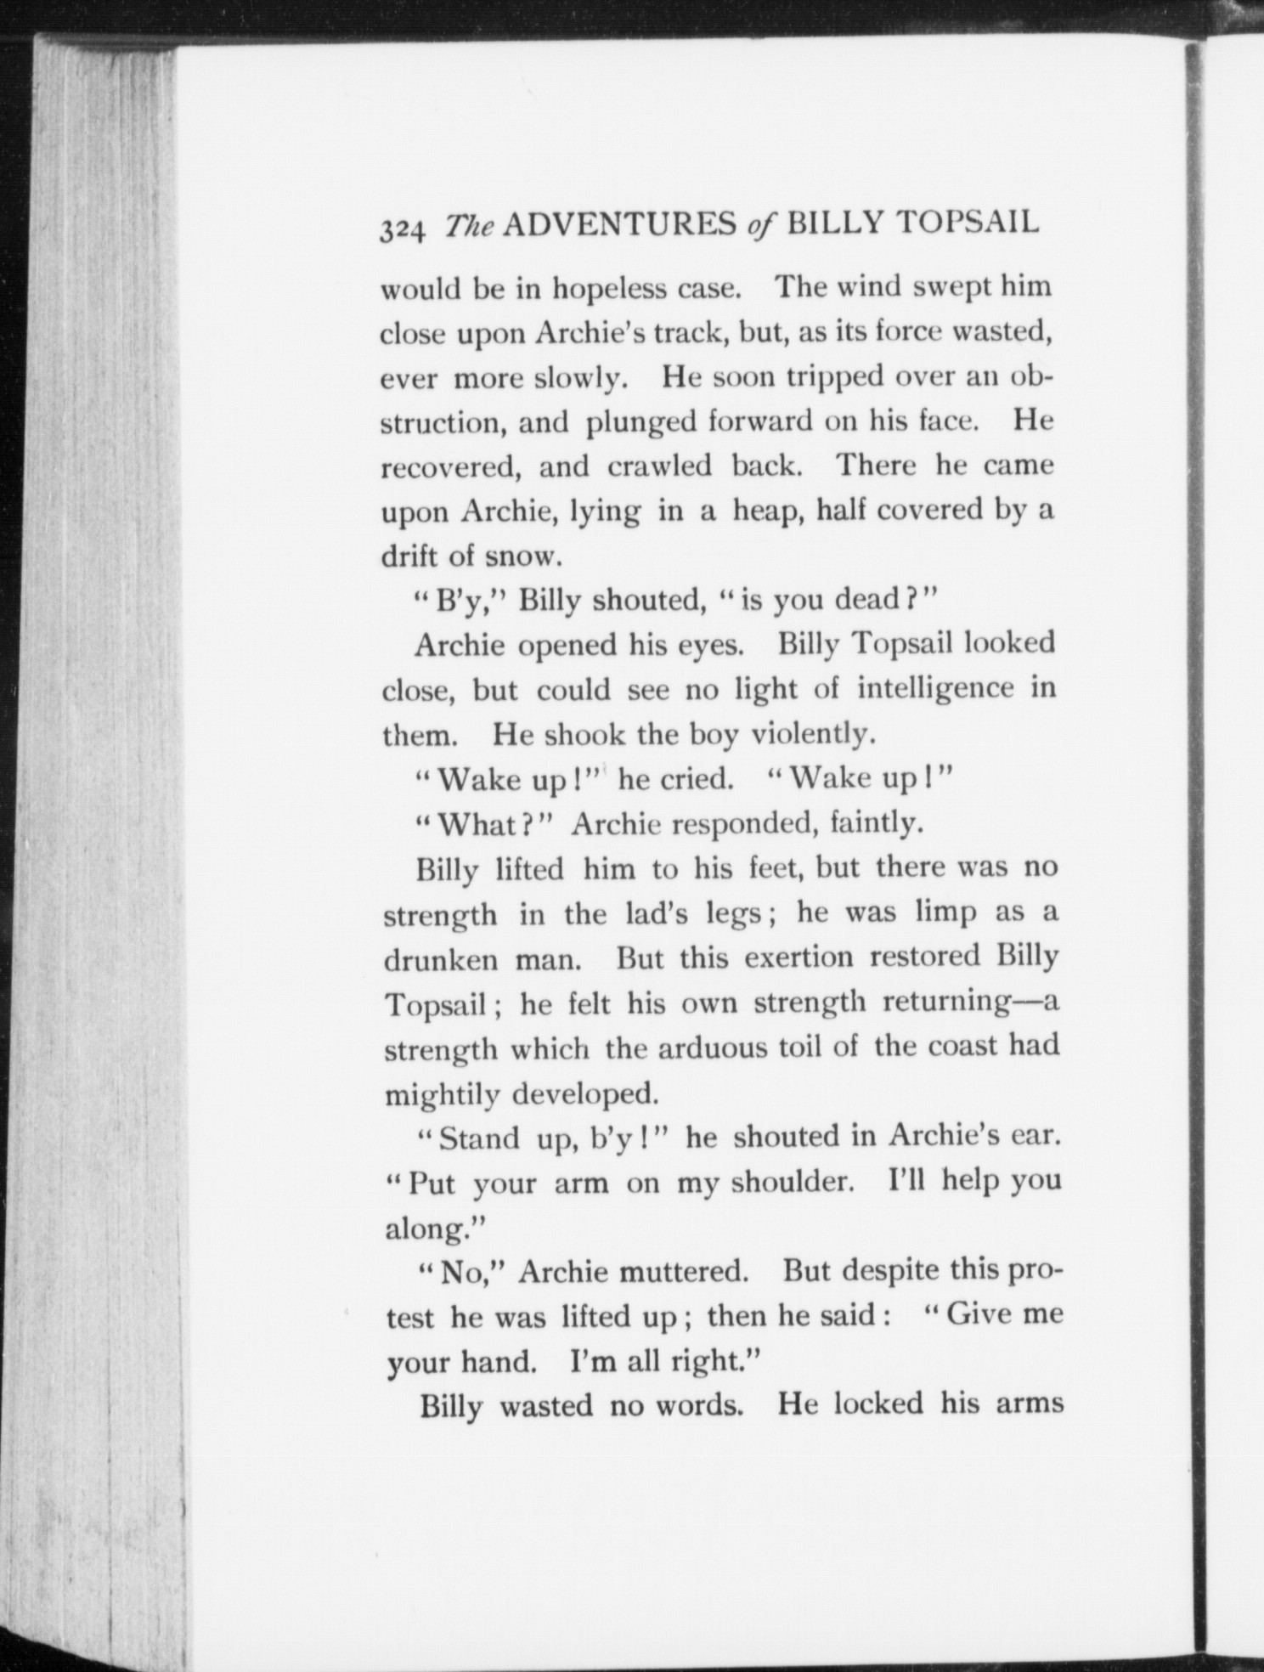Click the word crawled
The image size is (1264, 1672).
(x=659, y=466)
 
